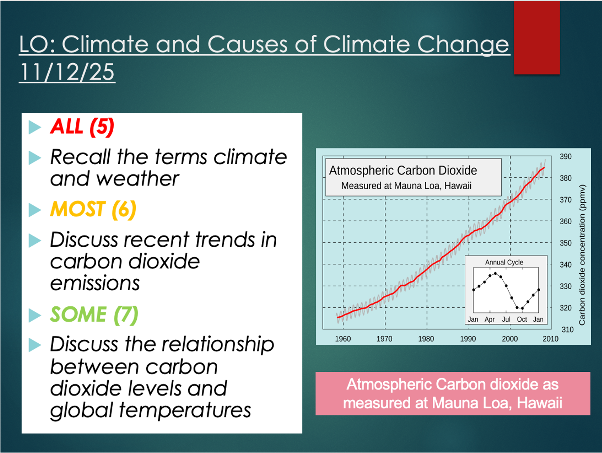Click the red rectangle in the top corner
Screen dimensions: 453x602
coord(537,37)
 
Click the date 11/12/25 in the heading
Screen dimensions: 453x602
coord(67,72)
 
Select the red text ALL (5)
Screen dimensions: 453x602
coord(82,126)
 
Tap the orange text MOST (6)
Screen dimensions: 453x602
coord(93,209)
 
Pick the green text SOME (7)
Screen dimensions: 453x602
coord(94,314)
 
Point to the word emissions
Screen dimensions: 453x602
coord(95,283)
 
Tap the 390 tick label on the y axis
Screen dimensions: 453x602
coord(565,157)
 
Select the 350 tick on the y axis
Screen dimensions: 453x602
coord(565,243)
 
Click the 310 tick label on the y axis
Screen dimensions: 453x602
coord(567,330)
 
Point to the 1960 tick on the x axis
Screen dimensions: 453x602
coord(343,339)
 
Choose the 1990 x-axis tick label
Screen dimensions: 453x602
coord(468,339)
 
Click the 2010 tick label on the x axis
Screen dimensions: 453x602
coord(551,339)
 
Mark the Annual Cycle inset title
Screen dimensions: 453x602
coord(504,262)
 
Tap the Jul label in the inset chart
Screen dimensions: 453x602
coord(506,319)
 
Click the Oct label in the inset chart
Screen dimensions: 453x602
coord(522,319)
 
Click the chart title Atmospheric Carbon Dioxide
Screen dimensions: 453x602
coord(403,171)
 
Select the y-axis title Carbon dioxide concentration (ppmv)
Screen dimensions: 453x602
coord(582,255)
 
